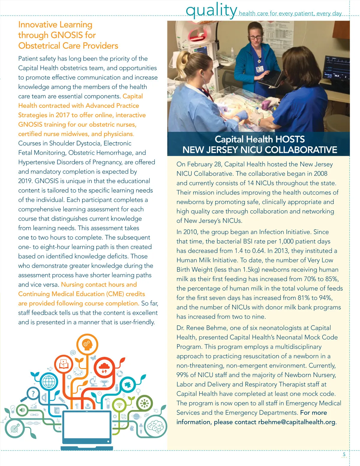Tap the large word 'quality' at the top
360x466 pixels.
[x=211, y=10]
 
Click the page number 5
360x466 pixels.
[x=344, y=455]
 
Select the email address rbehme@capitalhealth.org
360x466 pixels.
[x=297, y=422]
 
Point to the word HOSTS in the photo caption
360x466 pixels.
[x=290, y=139]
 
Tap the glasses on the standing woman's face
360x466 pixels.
[x=255, y=38]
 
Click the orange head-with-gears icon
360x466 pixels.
[x=87, y=344]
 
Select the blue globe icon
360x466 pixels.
[x=49, y=382]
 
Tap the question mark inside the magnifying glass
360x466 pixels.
[x=33, y=393]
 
